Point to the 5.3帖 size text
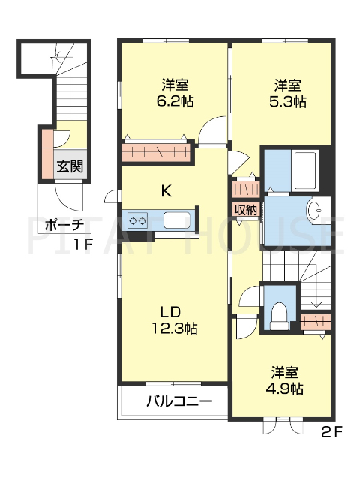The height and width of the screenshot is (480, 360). coord(289,101)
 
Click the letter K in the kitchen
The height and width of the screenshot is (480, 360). coord(166,191)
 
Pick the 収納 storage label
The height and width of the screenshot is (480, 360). coord(245,210)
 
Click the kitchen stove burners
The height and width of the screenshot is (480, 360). coord(137,220)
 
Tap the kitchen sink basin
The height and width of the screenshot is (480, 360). coord(176,220)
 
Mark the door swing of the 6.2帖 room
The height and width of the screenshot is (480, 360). coord(212,129)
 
